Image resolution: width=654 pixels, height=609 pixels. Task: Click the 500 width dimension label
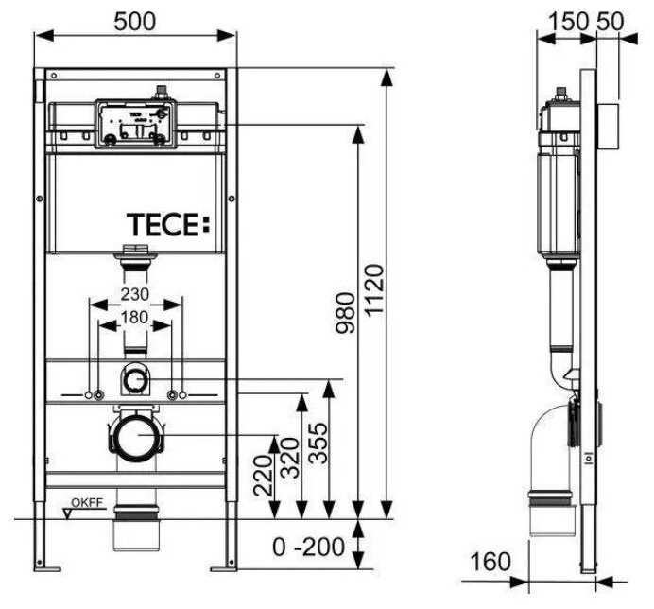click(135, 18)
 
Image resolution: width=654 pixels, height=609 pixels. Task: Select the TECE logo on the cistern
click(164, 224)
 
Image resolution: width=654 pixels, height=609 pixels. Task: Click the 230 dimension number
click(135, 294)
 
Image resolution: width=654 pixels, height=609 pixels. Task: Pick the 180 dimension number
click(136, 319)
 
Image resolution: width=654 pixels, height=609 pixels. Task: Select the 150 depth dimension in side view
click(559, 18)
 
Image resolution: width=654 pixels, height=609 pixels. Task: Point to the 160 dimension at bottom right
click(491, 562)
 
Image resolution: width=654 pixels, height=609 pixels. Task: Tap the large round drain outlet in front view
click(136, 438)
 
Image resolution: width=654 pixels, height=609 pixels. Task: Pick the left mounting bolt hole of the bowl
click(93, 393)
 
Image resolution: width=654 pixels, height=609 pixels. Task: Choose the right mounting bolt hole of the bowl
click(172, 393)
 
